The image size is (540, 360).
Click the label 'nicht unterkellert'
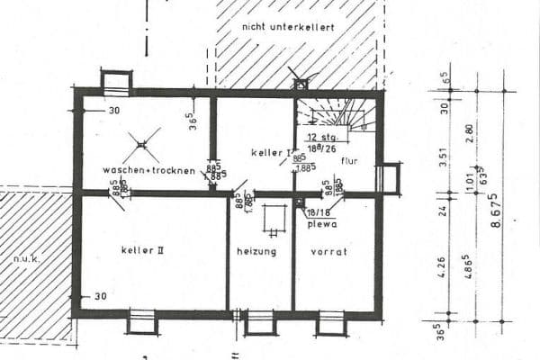[x=288, y=28]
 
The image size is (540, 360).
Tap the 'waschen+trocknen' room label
[x=149, y=170]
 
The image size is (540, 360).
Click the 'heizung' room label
[x=257, y=252]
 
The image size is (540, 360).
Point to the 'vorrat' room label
[x=329, y=252]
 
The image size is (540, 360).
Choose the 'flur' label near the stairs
[x=350, y=160]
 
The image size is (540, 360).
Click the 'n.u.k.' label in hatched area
[x=22, y=259]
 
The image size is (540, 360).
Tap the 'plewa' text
[x=321, y=224]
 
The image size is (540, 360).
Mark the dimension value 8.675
[x=496, y=209]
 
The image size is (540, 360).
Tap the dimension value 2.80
[x=469, y=133]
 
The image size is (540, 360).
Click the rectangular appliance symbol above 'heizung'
[x=274, y=219]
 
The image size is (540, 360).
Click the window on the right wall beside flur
[x=389, y=177]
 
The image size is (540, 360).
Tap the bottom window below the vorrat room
[x=330, y=321]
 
